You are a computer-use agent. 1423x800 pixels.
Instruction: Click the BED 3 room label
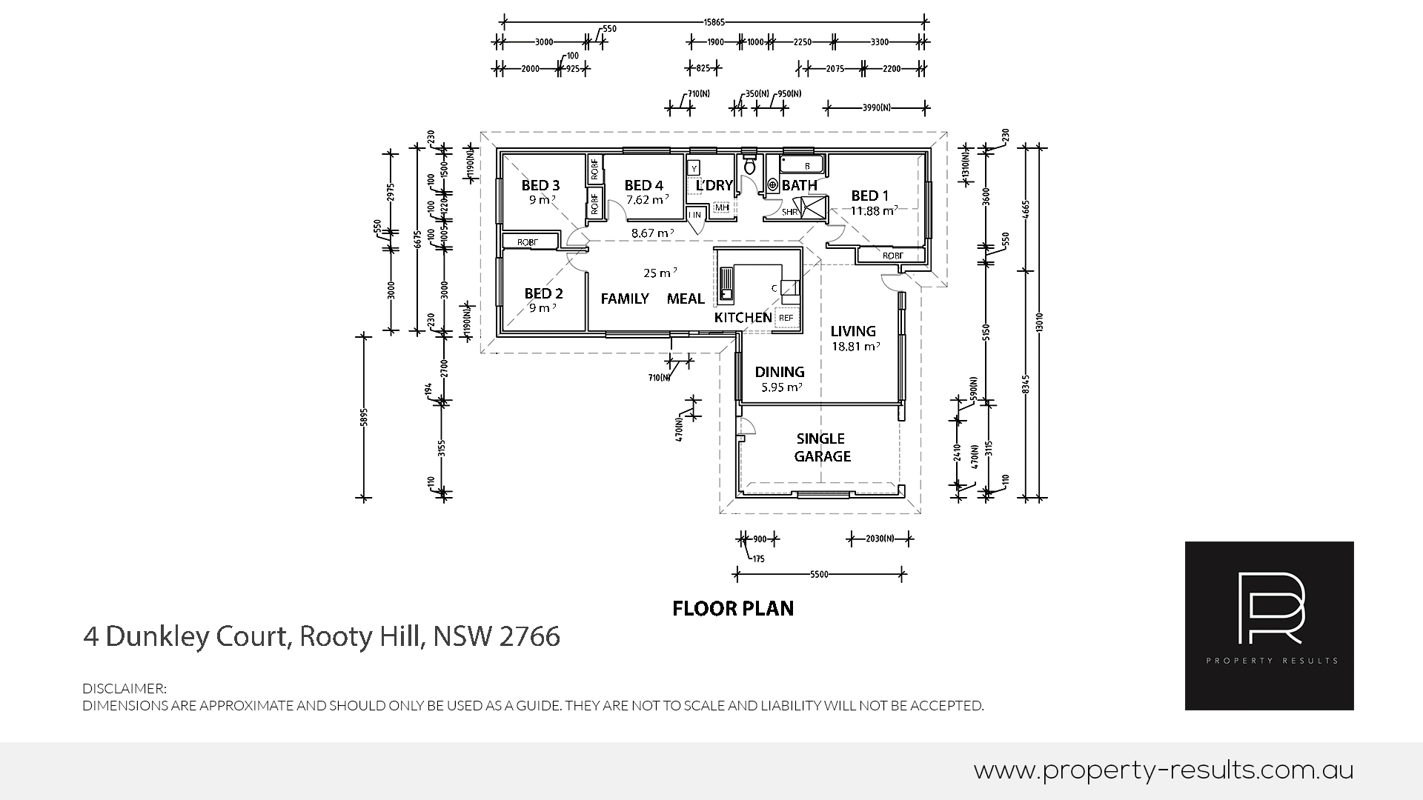540,185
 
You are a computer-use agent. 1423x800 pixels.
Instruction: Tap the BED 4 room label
643,185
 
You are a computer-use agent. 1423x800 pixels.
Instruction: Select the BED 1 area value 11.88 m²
874,211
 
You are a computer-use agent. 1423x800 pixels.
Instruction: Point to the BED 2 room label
543,293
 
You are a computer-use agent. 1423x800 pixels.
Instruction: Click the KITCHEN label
743,318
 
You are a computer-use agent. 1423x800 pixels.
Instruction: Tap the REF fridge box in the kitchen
786,318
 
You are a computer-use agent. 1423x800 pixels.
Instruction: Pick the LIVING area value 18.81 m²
855,347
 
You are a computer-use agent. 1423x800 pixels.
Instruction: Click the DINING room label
779,372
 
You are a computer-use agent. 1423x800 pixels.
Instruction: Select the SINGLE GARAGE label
821,447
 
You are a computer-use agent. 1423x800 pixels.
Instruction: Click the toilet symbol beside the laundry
749,165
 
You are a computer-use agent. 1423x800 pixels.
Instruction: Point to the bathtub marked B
801,164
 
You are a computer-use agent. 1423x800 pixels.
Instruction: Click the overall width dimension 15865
715,21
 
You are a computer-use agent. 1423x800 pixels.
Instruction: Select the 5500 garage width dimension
818,574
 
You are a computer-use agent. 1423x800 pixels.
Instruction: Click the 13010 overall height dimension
1039,322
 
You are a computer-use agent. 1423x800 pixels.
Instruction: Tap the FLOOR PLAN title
732,609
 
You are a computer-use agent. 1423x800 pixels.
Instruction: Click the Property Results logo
1269,626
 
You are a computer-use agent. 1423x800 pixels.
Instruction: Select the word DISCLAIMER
125,689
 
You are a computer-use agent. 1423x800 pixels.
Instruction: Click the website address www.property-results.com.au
1163,771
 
